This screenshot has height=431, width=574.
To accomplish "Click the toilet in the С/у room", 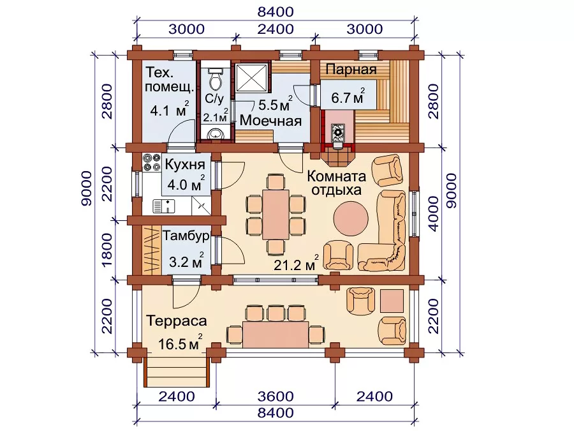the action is (216, 79).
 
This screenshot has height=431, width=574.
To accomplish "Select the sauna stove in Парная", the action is (338, 132).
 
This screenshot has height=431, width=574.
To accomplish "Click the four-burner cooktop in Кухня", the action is (152, 162).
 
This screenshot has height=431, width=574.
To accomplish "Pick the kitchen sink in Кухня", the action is (164, 206).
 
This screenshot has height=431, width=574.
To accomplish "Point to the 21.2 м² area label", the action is (296, 263).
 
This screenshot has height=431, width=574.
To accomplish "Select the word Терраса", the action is (177, 321).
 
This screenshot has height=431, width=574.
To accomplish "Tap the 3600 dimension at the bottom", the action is (276, 396).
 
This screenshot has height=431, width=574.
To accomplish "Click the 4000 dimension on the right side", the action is (434, 213).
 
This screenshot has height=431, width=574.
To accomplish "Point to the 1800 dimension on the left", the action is (107, 250).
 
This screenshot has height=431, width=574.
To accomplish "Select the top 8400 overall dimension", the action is (276, 11).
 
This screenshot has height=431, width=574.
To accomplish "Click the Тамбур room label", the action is (186, 236).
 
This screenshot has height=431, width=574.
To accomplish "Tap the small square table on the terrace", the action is (392, 301).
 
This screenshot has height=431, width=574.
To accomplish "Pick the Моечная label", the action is (270, 121).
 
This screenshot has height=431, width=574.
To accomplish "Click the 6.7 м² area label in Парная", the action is (348, 97).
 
